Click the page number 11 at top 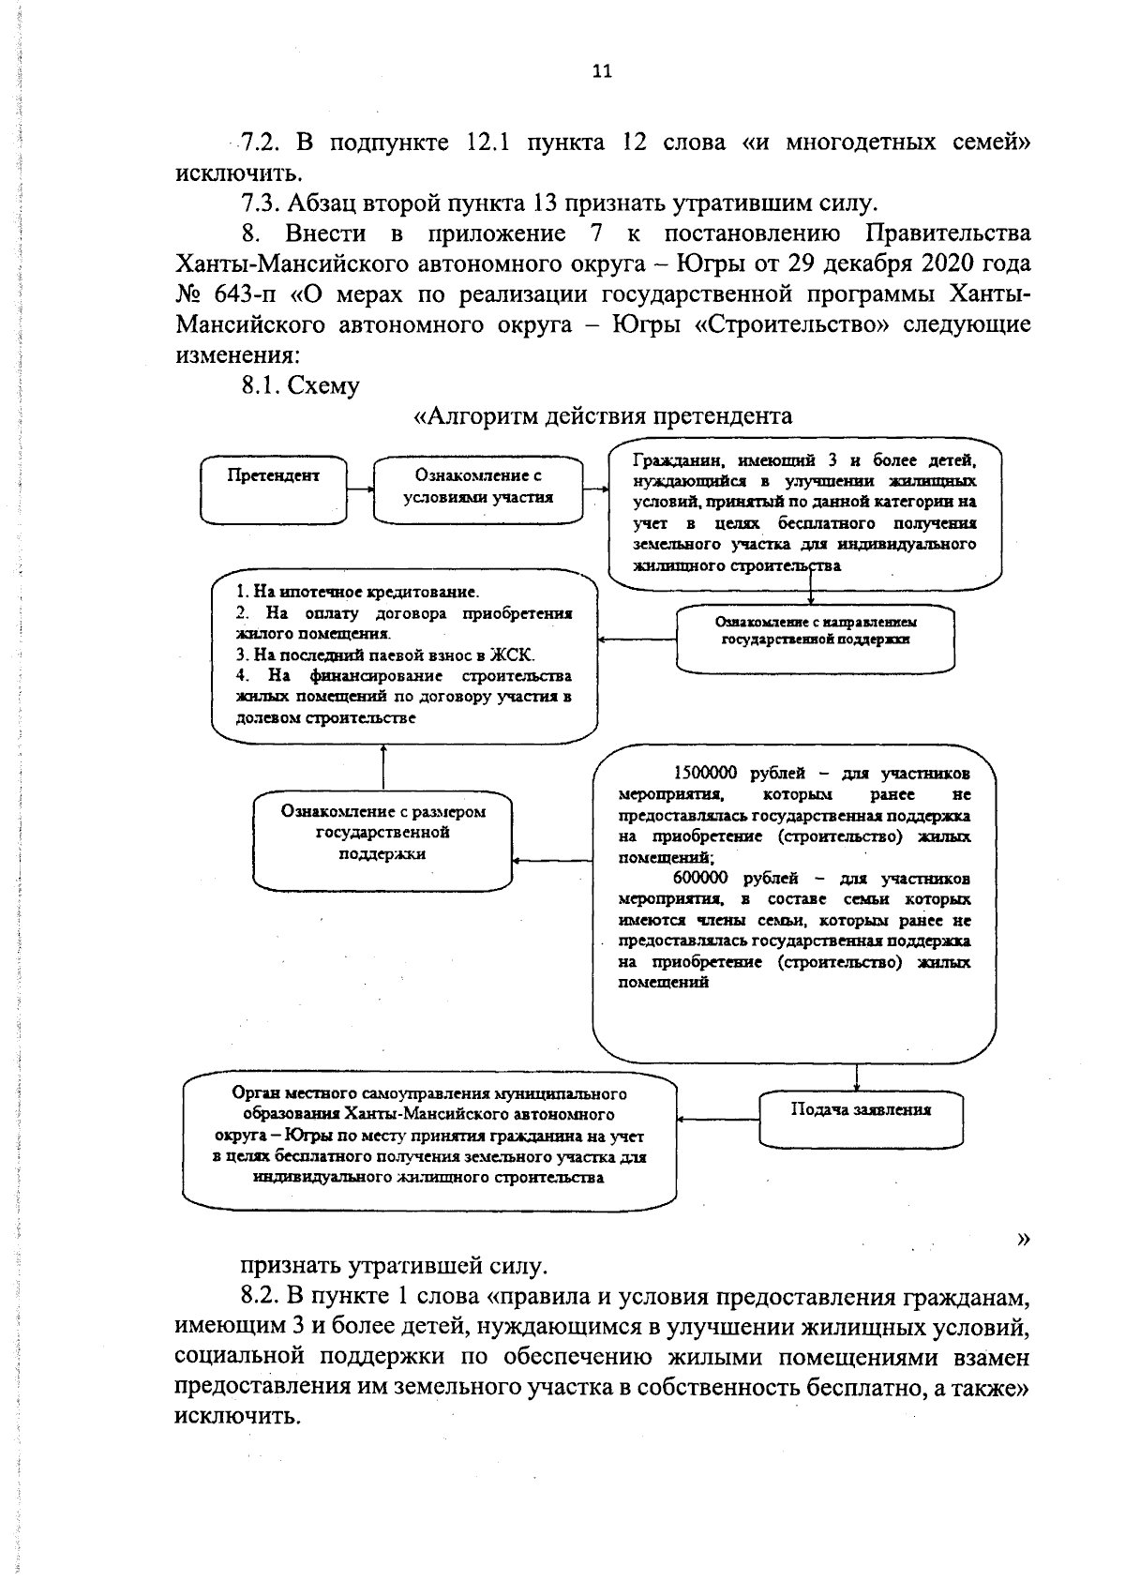[602, 71]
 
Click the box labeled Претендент [274, 489]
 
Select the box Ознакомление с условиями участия [477, 489]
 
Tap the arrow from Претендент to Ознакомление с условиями [360, 489]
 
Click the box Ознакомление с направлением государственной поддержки [815, 638]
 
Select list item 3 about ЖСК [384, 655]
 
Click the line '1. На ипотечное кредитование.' [357, 593]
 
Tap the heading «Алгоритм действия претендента [603, 415]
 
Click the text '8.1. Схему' [300, 385]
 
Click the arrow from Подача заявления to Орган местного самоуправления [718, 1118]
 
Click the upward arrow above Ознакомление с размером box [383, 767]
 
